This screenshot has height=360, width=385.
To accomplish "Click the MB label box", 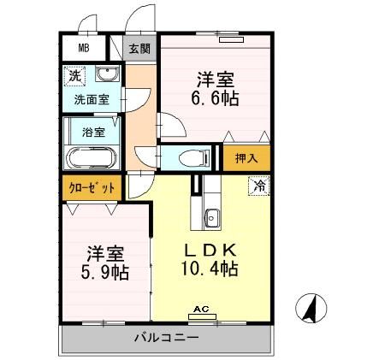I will (83, 48).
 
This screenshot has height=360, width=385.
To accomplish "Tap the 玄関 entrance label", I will (139, 49).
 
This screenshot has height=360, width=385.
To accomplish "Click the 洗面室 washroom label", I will (91, 99).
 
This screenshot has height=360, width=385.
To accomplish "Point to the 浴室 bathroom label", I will (93, 133).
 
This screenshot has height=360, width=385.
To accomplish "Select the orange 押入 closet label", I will (246, 157).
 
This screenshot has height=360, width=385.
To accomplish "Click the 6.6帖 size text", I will (215, 98).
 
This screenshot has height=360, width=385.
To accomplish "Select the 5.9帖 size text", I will (106, 273).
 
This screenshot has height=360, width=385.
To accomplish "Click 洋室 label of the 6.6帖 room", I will (215, 80).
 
